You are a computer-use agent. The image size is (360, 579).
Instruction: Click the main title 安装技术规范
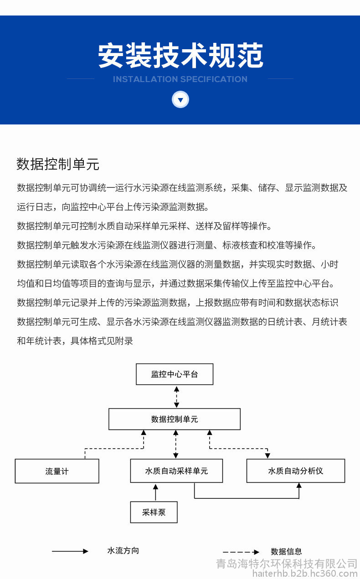180,56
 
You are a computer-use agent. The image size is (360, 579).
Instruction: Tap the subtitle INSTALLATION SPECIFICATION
180,79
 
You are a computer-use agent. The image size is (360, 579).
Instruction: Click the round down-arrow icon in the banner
180,99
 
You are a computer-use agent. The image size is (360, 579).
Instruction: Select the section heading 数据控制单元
58,164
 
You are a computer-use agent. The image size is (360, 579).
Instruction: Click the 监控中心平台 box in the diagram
175,374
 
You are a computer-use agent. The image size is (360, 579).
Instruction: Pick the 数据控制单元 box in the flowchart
175,419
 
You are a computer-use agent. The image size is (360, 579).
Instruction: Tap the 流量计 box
57,471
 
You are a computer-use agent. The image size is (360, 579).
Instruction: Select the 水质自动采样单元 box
176,470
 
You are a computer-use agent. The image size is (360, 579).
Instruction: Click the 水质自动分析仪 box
296,470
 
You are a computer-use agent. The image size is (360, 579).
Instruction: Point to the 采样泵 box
154,512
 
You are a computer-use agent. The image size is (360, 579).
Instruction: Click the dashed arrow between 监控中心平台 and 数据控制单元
176,397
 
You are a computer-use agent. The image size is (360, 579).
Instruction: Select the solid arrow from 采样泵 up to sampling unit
155,492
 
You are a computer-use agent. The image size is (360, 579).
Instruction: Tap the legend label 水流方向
123,551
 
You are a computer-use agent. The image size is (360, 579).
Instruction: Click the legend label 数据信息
286,552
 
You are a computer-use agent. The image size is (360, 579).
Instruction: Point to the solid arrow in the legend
70,551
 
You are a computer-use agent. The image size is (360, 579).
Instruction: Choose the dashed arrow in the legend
241,552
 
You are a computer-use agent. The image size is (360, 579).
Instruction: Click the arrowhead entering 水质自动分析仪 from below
299,486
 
